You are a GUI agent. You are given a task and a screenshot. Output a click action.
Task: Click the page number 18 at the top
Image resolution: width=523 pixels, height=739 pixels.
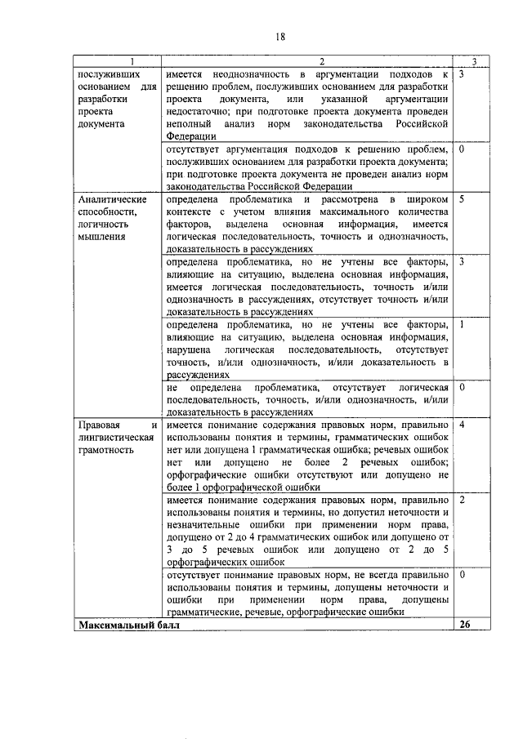point(279,36)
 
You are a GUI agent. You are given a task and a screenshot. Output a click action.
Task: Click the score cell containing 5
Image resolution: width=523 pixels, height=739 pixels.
point(463,199)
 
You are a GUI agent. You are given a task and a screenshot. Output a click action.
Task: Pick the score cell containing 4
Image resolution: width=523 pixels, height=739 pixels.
point(463,425)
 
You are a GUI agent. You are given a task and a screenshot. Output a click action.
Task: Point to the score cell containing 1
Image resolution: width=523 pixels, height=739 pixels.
point(463,324)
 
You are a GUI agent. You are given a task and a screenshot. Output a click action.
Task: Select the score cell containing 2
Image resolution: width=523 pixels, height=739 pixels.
point(463,498)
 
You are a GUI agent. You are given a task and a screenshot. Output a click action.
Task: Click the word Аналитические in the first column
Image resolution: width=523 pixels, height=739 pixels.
point(113,199)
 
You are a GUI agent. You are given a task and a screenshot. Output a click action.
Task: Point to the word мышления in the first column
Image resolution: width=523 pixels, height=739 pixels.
point(101,237)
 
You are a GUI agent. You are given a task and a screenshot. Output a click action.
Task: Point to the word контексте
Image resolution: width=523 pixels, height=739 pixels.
point(189,211)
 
